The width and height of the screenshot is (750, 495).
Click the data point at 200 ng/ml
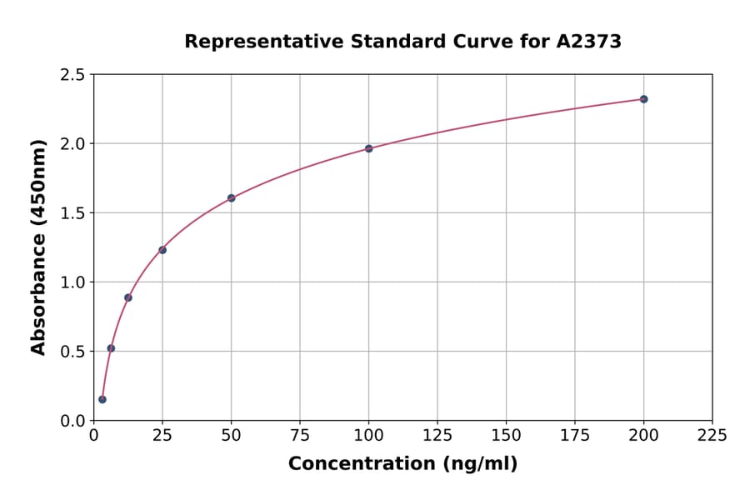coord(643,99)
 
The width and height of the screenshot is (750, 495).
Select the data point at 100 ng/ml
coord(368,148)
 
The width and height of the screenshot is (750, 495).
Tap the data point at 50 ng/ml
coord(231,198)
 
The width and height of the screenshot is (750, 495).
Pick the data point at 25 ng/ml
coord(162,250)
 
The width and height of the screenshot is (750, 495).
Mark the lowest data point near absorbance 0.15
coord(102,399)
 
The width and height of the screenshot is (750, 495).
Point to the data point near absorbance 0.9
coord(128,297)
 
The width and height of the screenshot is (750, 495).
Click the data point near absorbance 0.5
coord(111,348)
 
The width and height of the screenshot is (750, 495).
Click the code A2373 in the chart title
coord(588,42)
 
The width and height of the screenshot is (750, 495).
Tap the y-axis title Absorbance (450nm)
coord(38,247)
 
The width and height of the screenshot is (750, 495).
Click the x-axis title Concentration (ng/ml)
coord(402,464)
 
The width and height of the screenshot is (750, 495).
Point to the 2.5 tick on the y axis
coord(72,75)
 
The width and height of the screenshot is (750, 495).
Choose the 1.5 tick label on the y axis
coord(72,213)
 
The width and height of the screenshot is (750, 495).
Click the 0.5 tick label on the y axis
coord(72,352)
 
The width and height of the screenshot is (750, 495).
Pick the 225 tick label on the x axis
coord(712,435)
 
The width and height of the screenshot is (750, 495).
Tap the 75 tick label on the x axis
coord(300,435)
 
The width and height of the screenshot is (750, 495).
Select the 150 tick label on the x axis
coord(506,435)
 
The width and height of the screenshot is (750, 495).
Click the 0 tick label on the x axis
coord(93,435)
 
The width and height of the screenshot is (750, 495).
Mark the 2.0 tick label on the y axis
coord(72,144)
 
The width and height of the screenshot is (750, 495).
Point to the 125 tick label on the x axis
coord(437,435)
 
